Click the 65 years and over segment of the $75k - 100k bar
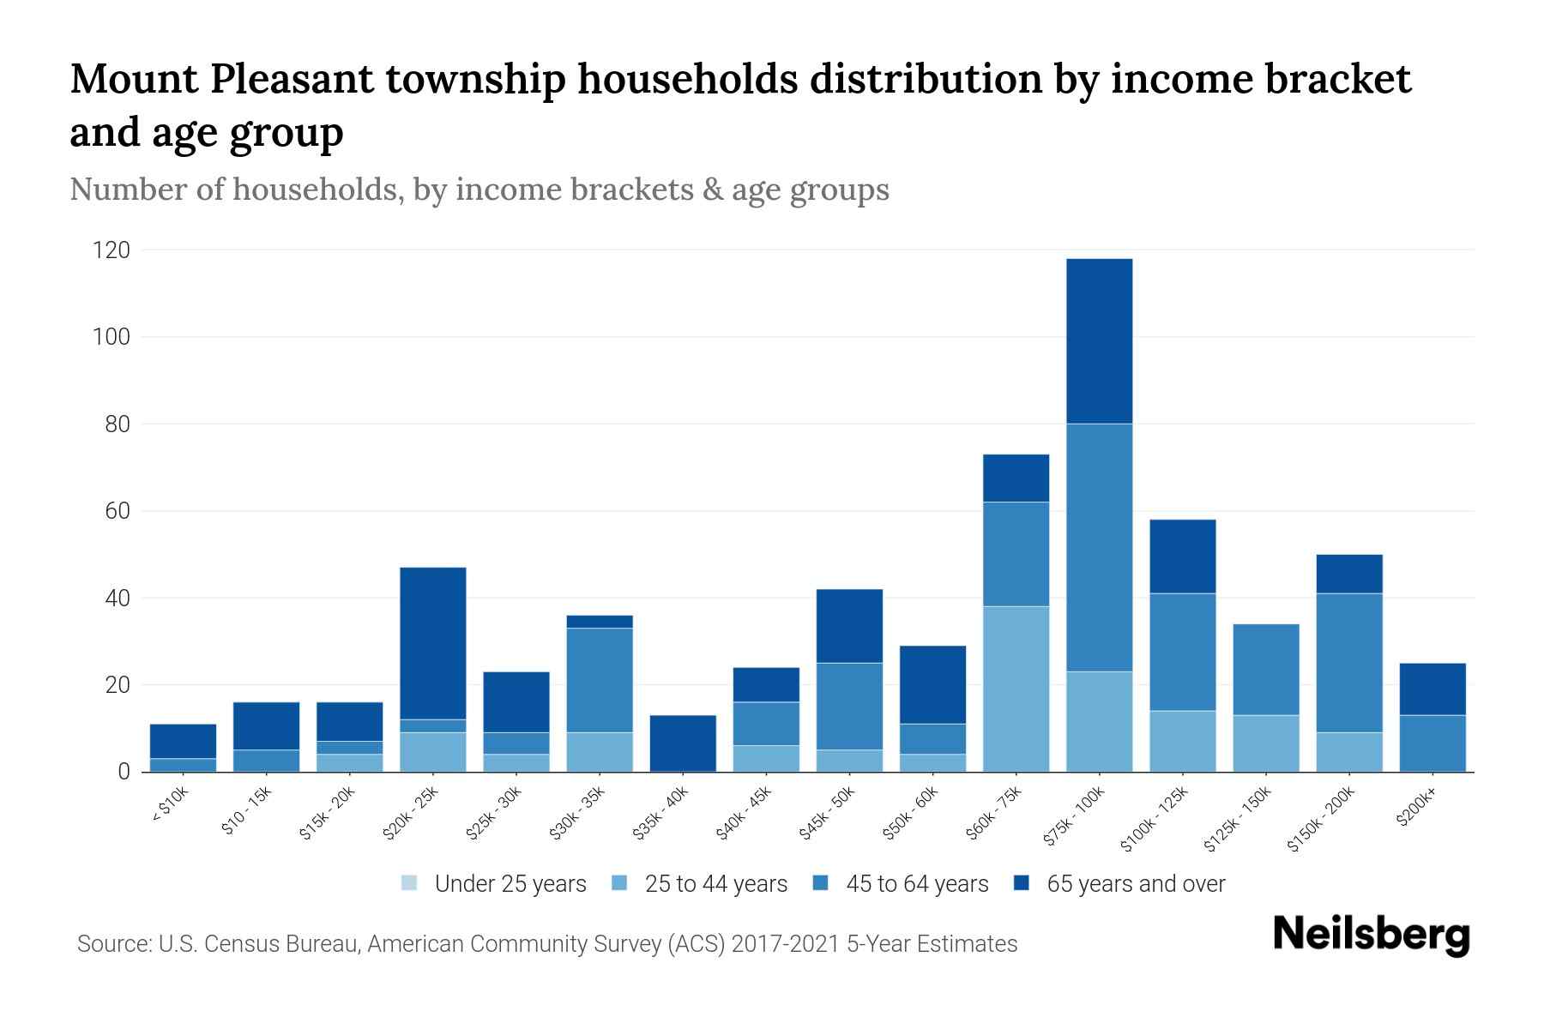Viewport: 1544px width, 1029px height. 1099,340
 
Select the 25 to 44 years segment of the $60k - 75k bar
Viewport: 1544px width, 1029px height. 1016,689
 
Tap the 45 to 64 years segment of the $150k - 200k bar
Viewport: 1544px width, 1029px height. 1349,662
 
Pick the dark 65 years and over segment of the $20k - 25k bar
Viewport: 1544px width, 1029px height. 433,643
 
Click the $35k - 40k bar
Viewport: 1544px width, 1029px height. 683,743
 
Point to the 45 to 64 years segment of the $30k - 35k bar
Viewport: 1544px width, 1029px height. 600,680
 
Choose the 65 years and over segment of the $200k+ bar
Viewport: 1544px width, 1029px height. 1432,689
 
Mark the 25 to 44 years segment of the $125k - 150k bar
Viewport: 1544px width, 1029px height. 1265,743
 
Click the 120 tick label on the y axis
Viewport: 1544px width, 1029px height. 112,250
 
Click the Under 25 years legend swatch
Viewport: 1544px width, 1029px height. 409,883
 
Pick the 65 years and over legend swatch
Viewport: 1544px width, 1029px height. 1022,883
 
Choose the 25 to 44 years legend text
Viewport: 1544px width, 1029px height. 715,884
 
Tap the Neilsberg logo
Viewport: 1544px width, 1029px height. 1371,936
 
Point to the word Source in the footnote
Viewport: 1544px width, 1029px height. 112,944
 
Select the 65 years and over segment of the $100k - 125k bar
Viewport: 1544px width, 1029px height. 1182,556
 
